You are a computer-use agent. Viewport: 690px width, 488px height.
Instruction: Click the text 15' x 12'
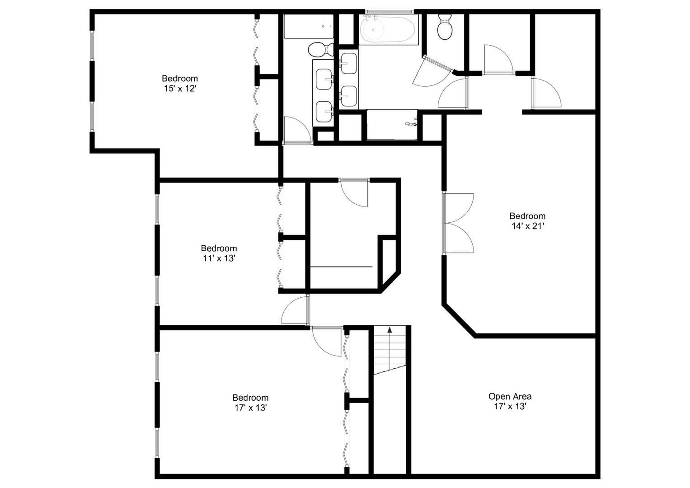click(x=180, y=89)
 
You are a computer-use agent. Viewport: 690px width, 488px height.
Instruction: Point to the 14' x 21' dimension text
click(x=527, y=226)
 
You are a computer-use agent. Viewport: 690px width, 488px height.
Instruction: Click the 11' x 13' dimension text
click(x=219, y=258)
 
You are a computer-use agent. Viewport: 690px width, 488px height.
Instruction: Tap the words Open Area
click(x=510, y=396)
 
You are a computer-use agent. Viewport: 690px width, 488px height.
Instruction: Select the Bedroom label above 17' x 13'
click(x=250, y=398)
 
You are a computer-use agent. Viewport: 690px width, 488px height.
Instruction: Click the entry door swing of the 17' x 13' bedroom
click(x=326, y=341)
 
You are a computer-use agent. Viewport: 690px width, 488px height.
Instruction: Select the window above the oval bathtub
click(x=389, y=12)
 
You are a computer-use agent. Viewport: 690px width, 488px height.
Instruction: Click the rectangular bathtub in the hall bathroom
click(x=308, y=26)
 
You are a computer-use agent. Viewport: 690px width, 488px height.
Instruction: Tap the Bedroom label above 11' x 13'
click(x=219, y=248)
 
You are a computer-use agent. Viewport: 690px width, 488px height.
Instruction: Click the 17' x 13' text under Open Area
click(x=510, y=406)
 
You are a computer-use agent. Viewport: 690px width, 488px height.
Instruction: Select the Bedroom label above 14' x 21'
click(x=527, y=216)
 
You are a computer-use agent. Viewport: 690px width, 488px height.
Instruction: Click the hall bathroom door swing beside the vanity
click(x=296, y=130)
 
